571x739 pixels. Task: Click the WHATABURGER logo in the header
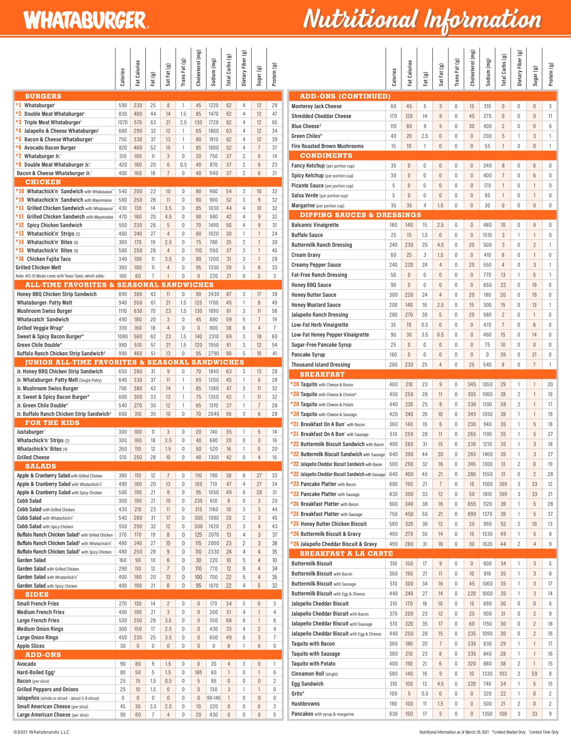[86, 20]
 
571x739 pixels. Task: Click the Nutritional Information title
[422, 20]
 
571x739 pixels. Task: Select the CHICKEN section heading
[43, 182]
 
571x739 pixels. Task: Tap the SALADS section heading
[40, 466]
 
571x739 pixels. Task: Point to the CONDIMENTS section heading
[326, 156]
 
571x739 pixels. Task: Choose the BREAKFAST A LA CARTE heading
[346, 554]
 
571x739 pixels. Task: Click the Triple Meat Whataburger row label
[52, 122]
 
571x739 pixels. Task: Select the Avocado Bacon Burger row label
[50, 148]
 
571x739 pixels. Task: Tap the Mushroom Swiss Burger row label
[44, 311]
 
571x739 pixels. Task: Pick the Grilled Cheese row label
[33, 457]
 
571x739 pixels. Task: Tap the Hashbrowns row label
[306, 704]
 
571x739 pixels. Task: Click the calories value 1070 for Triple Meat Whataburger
[123, 122]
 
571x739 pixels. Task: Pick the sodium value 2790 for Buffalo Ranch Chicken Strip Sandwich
[214, 353]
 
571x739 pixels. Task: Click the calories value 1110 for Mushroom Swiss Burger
[123, 311]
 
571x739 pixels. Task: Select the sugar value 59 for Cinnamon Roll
[534, 674]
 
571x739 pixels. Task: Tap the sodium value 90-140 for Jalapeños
[214, 698]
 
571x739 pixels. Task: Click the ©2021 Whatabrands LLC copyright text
[41, 732]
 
